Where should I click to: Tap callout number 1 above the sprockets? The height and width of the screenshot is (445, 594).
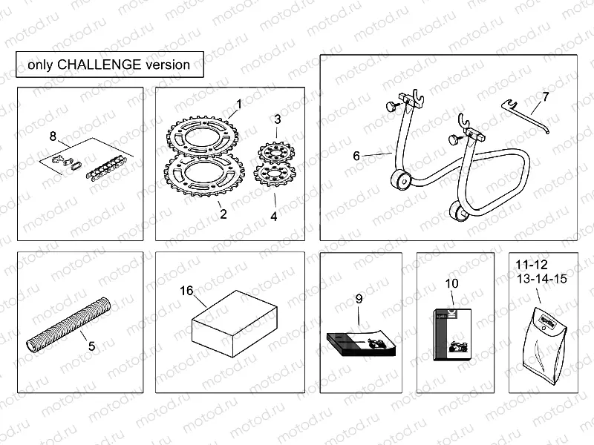pyautogui.click(x=239, y=104)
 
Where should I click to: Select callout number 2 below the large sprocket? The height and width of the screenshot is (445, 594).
pyautogui.click(x=223, y=215)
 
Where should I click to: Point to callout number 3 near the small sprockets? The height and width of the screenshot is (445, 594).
pyautogui.click(x=277, y=119)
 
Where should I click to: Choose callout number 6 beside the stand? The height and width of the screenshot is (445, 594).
pyautogui.click(x=357, y=156)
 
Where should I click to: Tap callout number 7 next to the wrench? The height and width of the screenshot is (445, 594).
pyautogui.click(x=545, y=97)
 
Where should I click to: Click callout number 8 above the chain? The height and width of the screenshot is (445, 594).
pyautogui.click(x=53, y=136)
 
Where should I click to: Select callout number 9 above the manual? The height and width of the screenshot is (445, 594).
pyautogui.click(x=359, y=299)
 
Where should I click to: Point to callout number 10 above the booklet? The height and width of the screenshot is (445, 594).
pyautogui.click(x=452, y=283)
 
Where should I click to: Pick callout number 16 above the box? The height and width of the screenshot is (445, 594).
pyautogui.click(x=186, y=291)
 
